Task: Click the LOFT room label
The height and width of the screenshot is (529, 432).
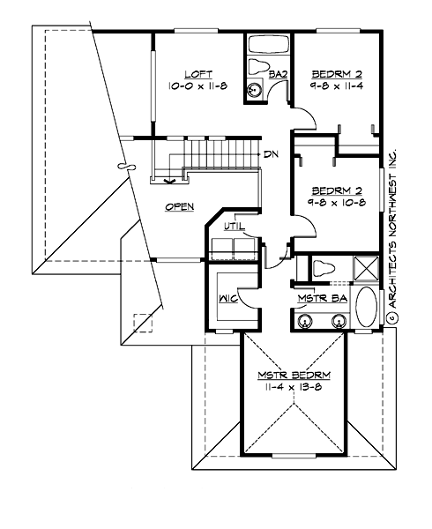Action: click(196, 74)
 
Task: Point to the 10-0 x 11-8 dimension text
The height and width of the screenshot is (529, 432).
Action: click(196, 86)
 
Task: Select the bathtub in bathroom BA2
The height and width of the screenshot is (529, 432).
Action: click(267, 45)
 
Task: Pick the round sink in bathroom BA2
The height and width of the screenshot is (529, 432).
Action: click(255, 88)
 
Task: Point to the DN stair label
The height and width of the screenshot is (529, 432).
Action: click(272, 153)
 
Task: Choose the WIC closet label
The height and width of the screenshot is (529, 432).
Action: click(225, 300)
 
